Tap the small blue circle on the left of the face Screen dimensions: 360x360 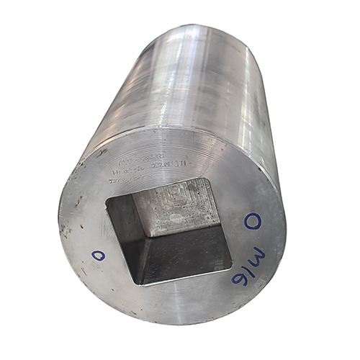(x=99, y=255)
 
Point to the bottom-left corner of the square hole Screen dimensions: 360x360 (x=140, y=284)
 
